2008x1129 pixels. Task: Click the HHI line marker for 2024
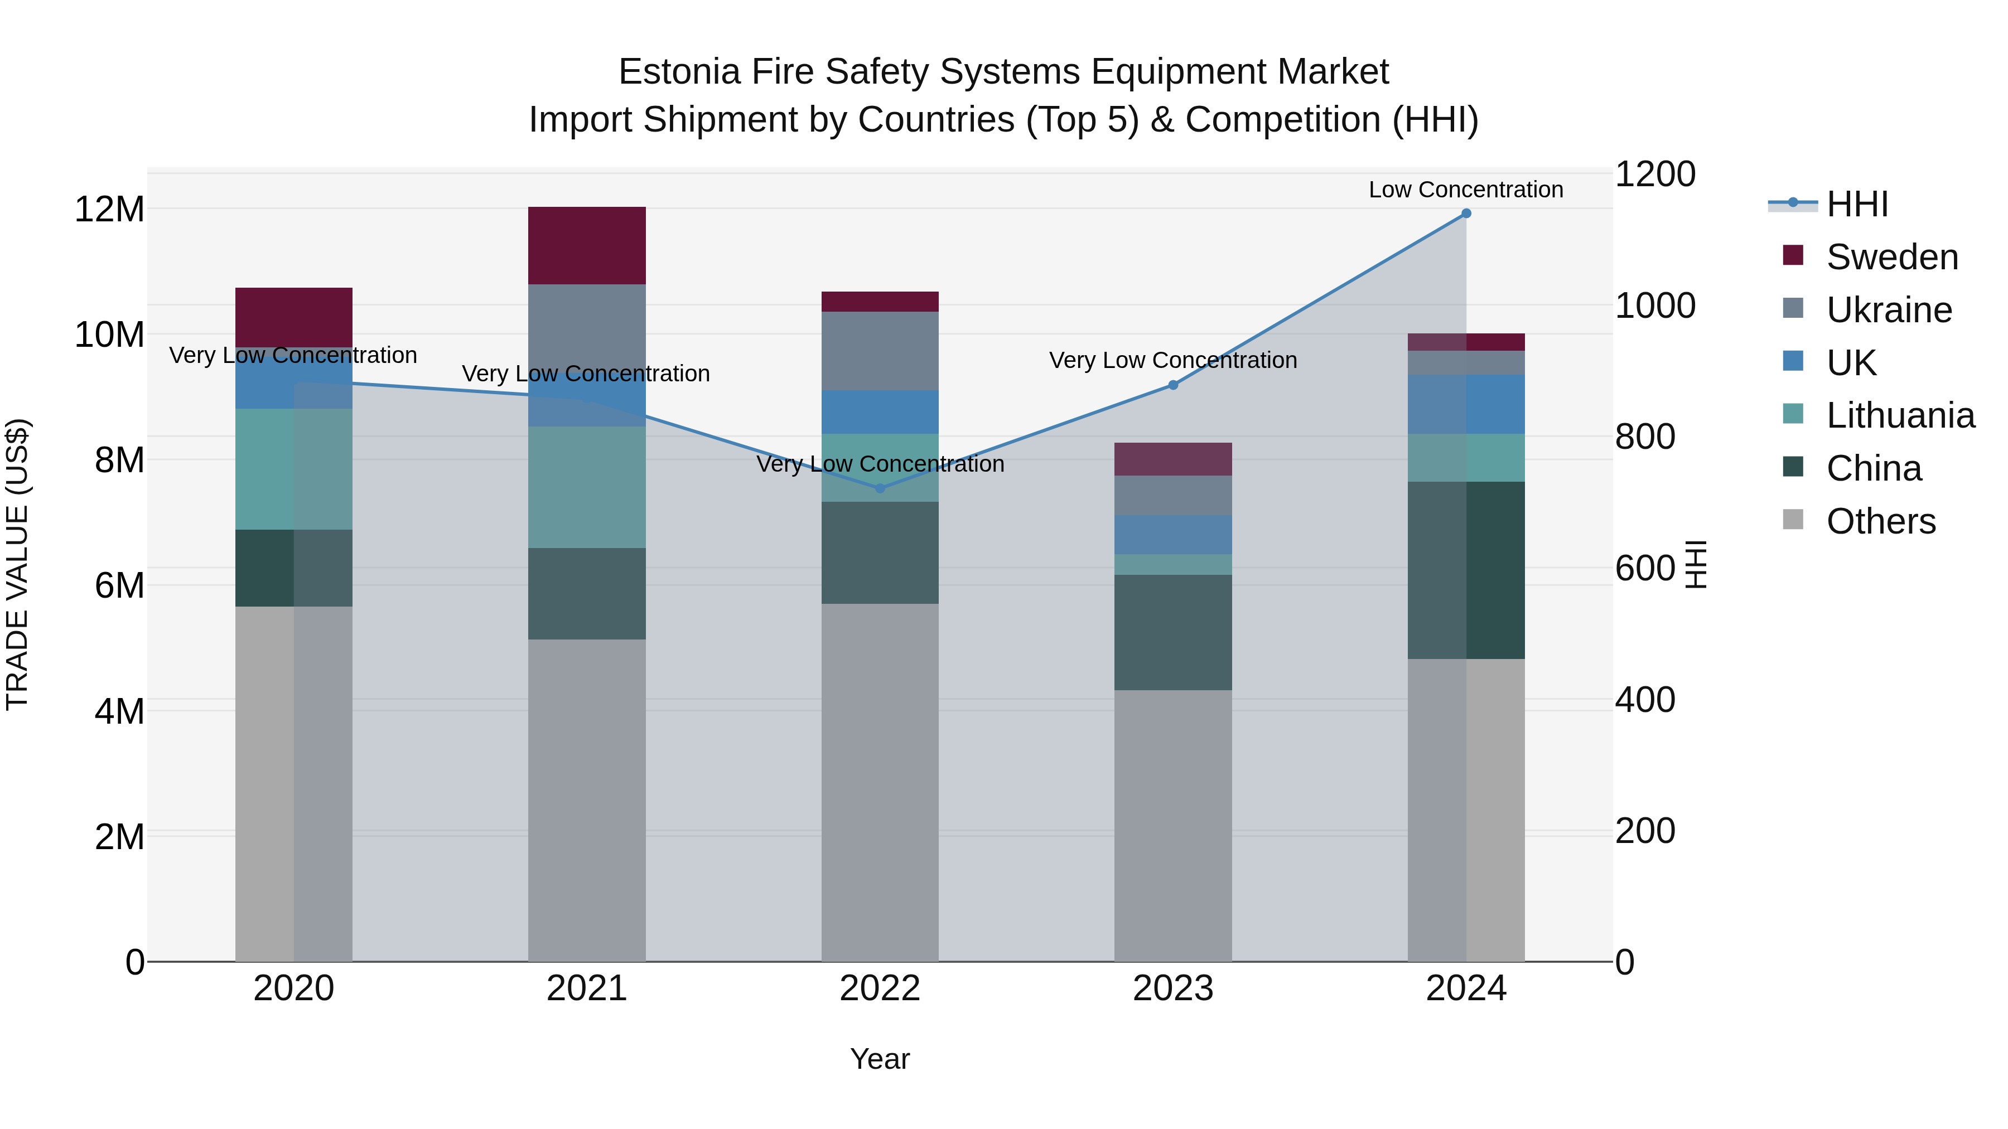tap(1465, 214)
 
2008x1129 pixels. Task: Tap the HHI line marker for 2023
tap(1172, 385)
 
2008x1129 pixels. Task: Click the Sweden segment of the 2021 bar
tap(586, 245)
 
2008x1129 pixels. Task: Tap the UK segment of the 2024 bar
tap(1465, 404)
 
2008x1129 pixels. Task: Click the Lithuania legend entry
tap(1900, 415)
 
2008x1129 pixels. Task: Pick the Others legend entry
tap(1880, 521)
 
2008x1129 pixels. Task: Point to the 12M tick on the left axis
tap(109, 210)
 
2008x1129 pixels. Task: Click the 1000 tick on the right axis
tap(1654, 306)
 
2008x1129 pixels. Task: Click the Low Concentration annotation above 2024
tap(1465, 190)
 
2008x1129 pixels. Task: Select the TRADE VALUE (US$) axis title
tap(17, 564)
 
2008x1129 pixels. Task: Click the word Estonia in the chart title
tap(678, 72)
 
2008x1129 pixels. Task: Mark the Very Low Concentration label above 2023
tap(1172, 360)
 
